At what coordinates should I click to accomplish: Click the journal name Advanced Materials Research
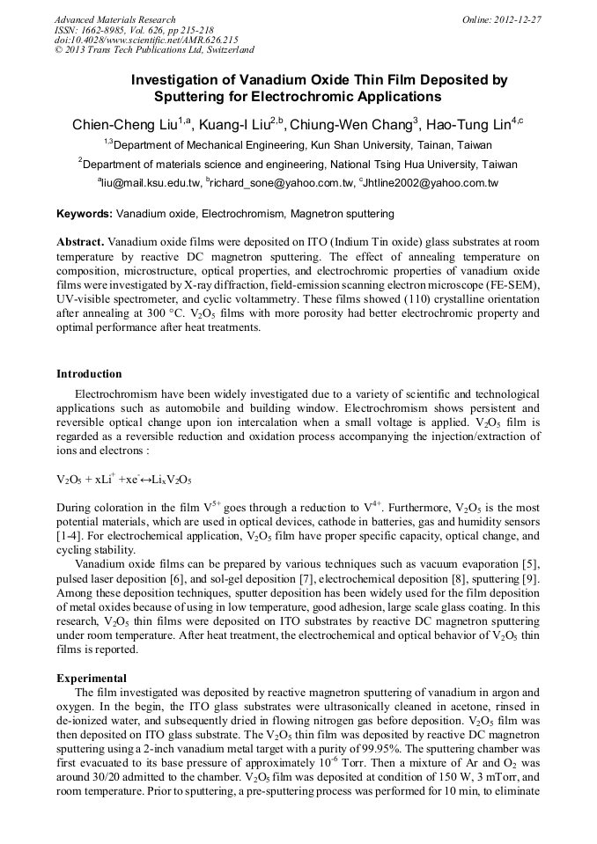point(114,19)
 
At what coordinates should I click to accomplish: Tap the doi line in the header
point(146,40)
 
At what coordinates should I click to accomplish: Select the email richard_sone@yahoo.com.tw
point(279,183)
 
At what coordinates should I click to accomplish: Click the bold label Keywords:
point(84,214)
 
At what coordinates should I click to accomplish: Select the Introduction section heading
point(89,374)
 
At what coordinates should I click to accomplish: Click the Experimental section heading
point(92,679)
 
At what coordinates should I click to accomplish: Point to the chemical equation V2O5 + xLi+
point(124,480)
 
